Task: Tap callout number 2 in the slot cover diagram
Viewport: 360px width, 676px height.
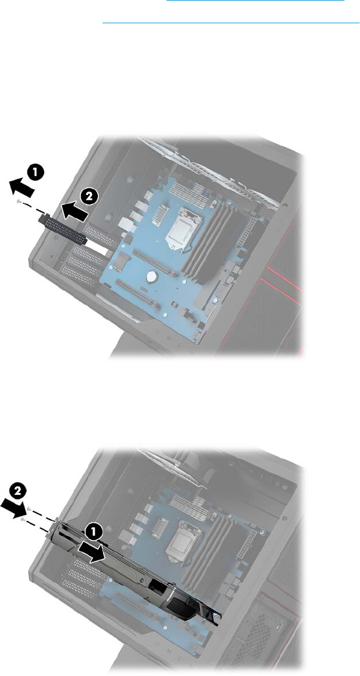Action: point(88,197)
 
